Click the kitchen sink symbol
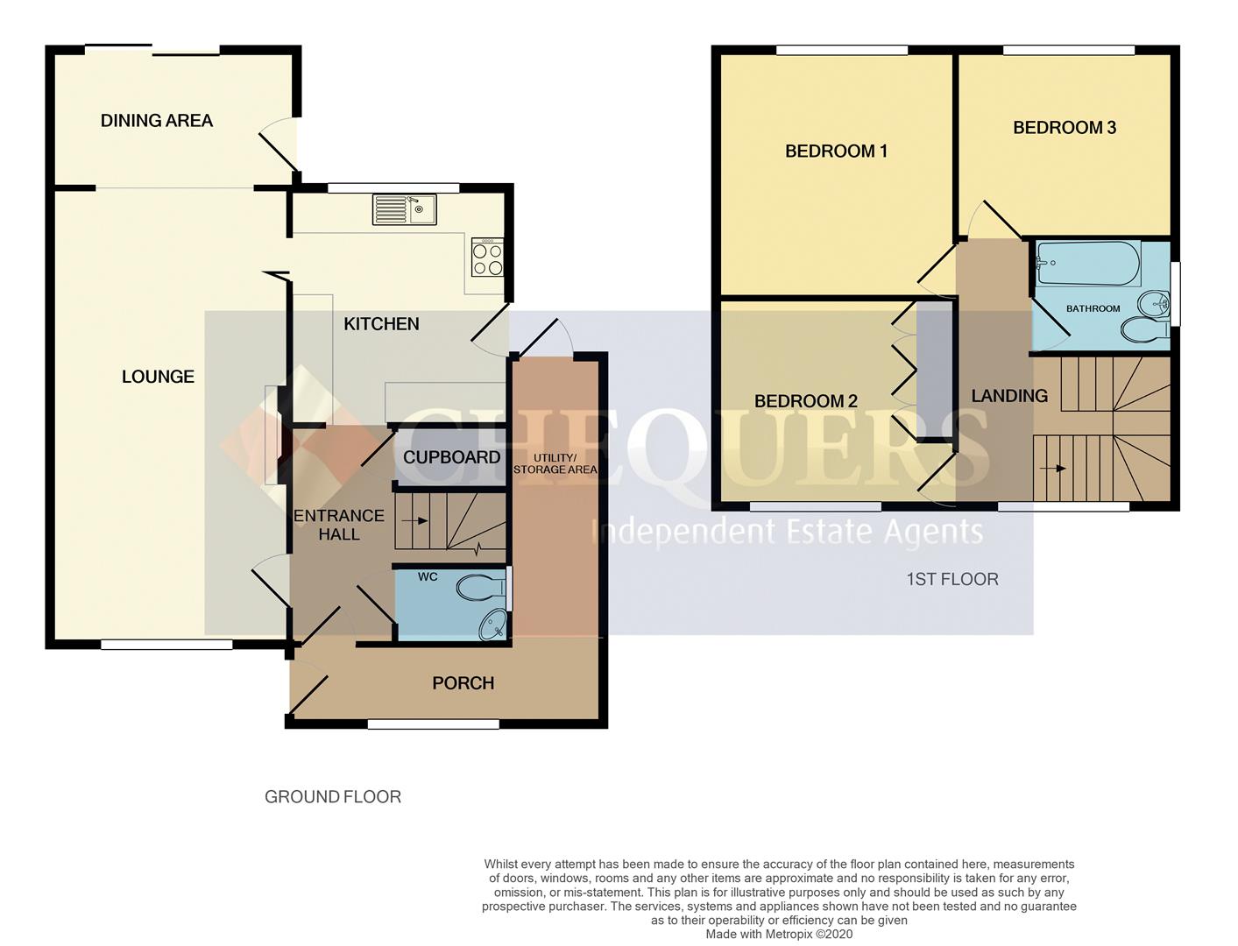point(405,209)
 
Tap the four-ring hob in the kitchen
point(488,258)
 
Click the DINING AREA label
point(157,121)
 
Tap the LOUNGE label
point(158,377)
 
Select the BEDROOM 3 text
point(1064,128)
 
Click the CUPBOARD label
point(451,457)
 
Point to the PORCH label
point(463,683)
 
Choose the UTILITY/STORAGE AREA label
point(555,463)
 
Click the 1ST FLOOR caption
point(951,579)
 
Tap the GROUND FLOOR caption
point(333,797)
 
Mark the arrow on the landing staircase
point(1057,469)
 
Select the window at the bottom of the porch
point(433,724)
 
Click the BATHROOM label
point(1093,308)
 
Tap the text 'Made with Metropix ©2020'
point(779,935)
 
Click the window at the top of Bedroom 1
point(841,51)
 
